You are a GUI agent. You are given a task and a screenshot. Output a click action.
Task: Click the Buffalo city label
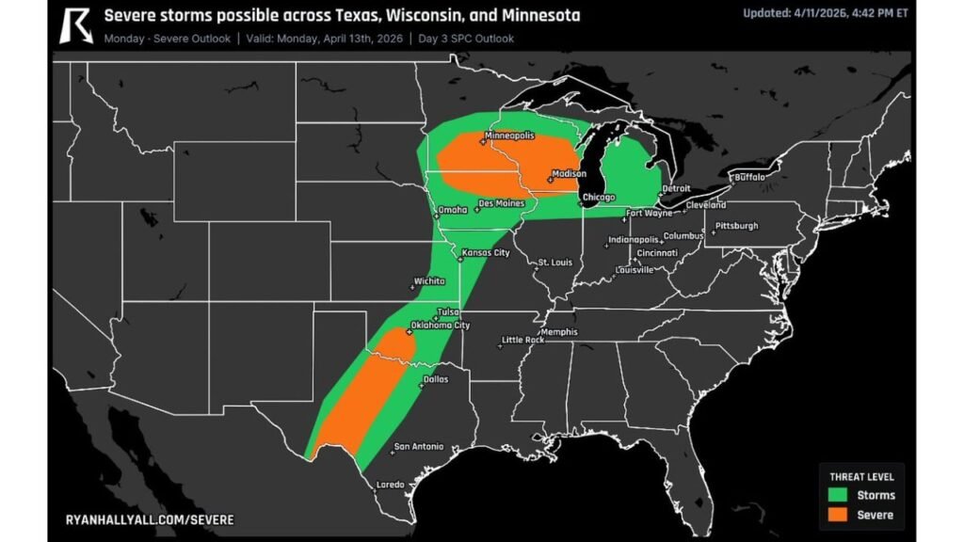click(749, 176)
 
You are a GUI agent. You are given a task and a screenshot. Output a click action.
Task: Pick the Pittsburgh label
click(736, 226)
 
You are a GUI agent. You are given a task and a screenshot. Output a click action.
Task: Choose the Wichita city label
click(428, 281)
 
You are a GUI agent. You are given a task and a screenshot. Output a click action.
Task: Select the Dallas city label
click(436, 379)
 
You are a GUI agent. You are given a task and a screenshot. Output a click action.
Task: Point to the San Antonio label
click(418, 446)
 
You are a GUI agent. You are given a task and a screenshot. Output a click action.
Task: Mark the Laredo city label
click(390, 485)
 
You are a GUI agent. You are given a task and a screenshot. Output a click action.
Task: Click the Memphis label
click(559, 332)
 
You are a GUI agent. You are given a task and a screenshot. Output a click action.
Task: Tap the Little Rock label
click(522, 340)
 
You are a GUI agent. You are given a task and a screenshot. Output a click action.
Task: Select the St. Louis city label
click(555, 262)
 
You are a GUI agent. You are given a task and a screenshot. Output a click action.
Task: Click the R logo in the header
click(75, 25)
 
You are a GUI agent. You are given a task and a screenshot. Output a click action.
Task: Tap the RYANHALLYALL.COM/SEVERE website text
click(150, 519)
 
